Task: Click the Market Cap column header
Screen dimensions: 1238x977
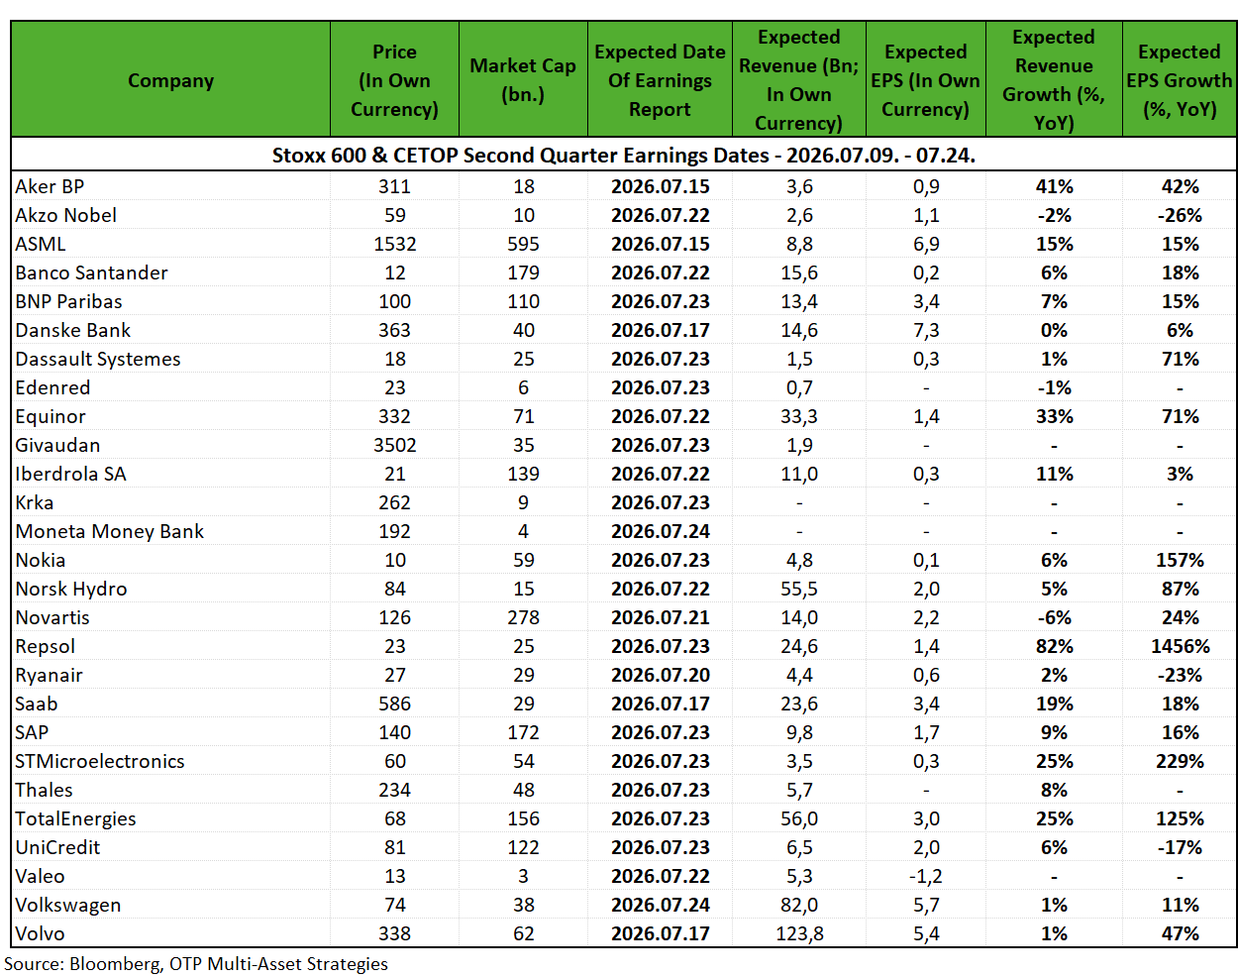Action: (x=522, y=80)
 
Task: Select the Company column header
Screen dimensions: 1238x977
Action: (x=171, y=80)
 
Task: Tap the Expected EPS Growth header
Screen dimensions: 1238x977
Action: (x=1180, y=80)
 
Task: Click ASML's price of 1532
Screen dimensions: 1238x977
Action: (x=394, y=244)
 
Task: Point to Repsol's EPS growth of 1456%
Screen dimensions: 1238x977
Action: (x=1180, y=646)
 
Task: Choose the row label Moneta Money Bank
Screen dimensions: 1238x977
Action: (x=109, y=531)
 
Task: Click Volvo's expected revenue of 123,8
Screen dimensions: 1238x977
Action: (x=799, y=933)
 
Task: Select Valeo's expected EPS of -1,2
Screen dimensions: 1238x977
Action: (x=926, y=876)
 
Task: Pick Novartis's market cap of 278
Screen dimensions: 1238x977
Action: (x=523, y=617)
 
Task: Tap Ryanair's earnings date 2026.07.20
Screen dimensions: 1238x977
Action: (x=660, y=675)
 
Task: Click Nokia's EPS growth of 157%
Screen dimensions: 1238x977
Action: (x=1180, y=560)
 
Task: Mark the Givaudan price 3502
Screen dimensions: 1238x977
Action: (x=394, y=445)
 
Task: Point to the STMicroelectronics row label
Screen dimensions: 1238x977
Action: (x=99, y=761)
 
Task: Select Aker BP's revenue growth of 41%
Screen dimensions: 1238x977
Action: (x=1054, y=186)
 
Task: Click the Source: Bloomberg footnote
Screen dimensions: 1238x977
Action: (x=196, y=964)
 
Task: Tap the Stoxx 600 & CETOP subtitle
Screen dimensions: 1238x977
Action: (x=624, y=156)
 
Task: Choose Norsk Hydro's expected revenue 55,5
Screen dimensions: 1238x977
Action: (x=799, y=589)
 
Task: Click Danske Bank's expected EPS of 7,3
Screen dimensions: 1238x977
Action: (x=926, y=330)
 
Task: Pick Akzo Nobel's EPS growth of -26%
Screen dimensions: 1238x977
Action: (x=1180, y=215)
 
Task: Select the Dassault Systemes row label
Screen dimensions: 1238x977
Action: (x=98, y=359)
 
